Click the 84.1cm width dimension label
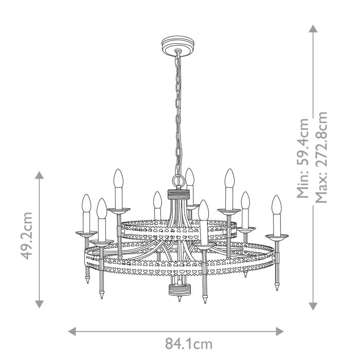188,344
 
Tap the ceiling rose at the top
176,43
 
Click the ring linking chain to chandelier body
177,181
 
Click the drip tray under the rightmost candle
277,236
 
